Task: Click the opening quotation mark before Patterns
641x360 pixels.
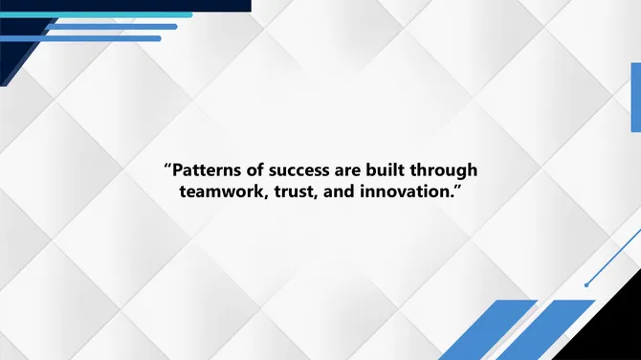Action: tap(168, 168)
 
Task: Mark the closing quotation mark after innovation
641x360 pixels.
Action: tap(458, 188)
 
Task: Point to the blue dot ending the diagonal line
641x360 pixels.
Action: tap(586, 284)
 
